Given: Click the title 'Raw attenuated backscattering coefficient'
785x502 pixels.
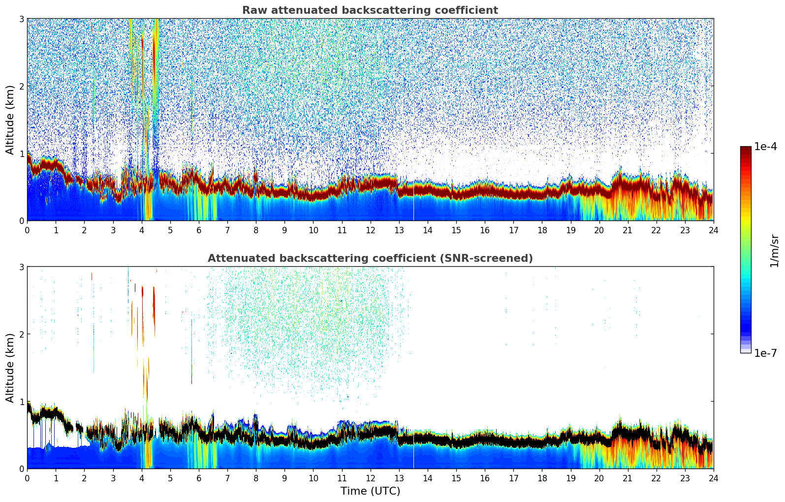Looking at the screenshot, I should [370, 10].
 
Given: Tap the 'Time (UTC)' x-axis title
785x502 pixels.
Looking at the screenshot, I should [370, 491].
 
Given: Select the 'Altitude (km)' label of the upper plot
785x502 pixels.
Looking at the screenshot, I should [10, 120].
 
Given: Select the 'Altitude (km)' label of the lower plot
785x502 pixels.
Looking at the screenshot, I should [10, 368].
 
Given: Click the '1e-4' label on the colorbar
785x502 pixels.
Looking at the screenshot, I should [765, 147].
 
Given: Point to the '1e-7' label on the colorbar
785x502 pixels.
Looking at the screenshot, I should [765, 353].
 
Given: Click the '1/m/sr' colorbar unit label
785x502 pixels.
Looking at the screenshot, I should [774, 250].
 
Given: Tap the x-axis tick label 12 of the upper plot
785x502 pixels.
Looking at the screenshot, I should [370, 230].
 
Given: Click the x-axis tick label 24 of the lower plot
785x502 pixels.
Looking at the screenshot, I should [713, 478].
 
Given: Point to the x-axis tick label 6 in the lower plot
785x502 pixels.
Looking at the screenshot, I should [199, 478].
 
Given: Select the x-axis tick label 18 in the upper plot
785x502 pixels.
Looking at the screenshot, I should [542, 230].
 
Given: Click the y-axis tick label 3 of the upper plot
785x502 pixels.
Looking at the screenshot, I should [22, 19].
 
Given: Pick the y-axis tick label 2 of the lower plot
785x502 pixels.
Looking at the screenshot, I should [22, 334].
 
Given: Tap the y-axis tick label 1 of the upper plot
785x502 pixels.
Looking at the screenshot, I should [22, 154].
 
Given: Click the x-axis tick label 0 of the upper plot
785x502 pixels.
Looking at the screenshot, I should [27, 230].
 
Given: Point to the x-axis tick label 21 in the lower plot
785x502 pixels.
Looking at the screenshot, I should [628, 478].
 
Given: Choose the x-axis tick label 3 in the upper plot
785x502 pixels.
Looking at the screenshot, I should [113, 230].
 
